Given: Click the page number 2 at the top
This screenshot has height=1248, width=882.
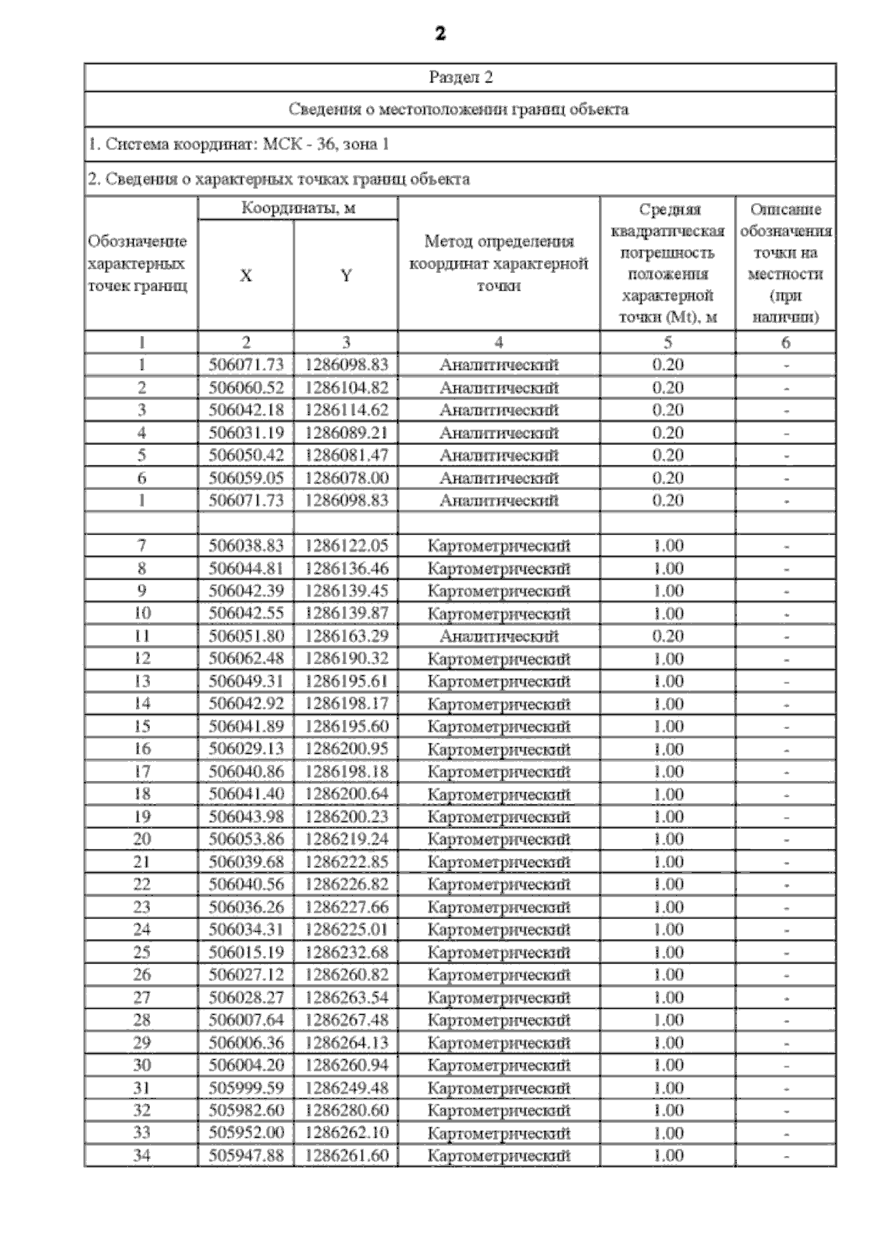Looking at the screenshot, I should pos(440,34).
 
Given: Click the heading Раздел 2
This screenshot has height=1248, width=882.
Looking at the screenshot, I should pos(460,77).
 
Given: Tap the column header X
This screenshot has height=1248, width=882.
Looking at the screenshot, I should pos(245,276).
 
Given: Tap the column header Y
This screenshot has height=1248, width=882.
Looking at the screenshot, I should pos(345,276).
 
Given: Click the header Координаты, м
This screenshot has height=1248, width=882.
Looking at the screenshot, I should pos(298,208).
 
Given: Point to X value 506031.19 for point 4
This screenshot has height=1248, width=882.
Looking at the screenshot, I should pos(245,432).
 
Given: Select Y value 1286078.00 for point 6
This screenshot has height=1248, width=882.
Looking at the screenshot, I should pos(346,477).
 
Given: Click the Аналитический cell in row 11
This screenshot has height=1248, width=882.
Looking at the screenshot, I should pos(499,635).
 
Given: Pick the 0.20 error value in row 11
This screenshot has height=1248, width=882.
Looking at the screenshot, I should pos(667,635).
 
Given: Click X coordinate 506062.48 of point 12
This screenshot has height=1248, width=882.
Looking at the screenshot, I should pos(245,658).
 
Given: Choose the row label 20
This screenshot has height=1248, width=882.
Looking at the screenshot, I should pos(142,839).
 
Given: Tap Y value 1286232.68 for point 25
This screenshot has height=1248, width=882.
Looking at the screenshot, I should pos(346,952).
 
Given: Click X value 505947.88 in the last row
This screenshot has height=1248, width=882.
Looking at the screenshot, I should pos(245,1155).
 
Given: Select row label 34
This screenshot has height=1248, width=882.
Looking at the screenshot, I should pos(142,1155).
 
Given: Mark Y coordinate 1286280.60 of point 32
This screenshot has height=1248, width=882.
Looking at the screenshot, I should pos(346,1110).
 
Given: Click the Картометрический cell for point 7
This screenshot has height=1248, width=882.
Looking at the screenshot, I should pos(499,546).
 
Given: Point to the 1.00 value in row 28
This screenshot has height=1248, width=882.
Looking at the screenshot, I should pos(667,1020).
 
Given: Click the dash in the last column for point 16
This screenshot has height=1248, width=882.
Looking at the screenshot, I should pos(786,749).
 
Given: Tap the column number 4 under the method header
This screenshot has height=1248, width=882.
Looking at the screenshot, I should pos(499,342).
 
